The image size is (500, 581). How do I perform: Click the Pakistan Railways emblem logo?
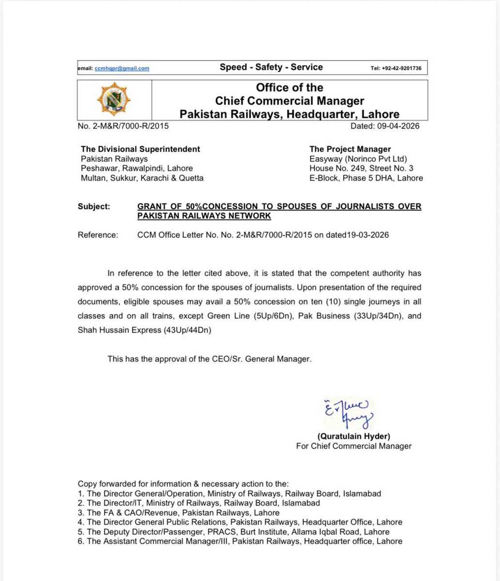114,100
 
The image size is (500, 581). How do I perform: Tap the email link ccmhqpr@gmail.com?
122,68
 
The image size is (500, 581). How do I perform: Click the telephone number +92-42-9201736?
396,68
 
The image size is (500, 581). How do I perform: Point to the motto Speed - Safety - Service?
271,67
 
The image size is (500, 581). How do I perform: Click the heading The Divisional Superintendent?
140,149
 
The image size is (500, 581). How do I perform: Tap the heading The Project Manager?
350,149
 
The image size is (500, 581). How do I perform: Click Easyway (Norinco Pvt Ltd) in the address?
358,159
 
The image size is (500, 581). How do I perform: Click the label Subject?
94,207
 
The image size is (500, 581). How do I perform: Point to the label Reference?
97,235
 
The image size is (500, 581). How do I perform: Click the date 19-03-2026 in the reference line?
367,235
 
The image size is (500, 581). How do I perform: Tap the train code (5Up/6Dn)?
274,316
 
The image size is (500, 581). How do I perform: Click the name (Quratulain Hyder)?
354,436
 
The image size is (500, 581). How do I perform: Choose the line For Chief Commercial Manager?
354,446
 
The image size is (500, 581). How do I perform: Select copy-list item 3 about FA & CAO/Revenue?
179,512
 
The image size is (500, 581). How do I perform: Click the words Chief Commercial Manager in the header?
289,101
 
